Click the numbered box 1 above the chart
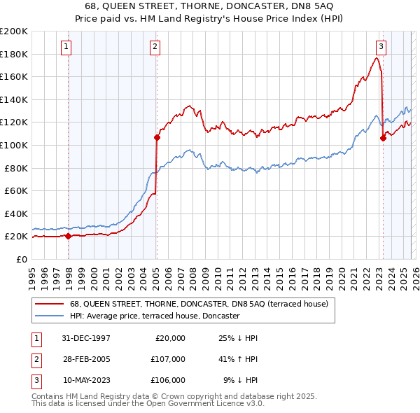66,47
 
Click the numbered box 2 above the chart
154,47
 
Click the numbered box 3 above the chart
381,47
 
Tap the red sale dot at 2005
157,138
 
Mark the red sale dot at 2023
383,139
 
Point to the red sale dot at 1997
69,237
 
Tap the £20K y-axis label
16,237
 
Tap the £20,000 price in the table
169,338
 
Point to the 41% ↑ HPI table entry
239,359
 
